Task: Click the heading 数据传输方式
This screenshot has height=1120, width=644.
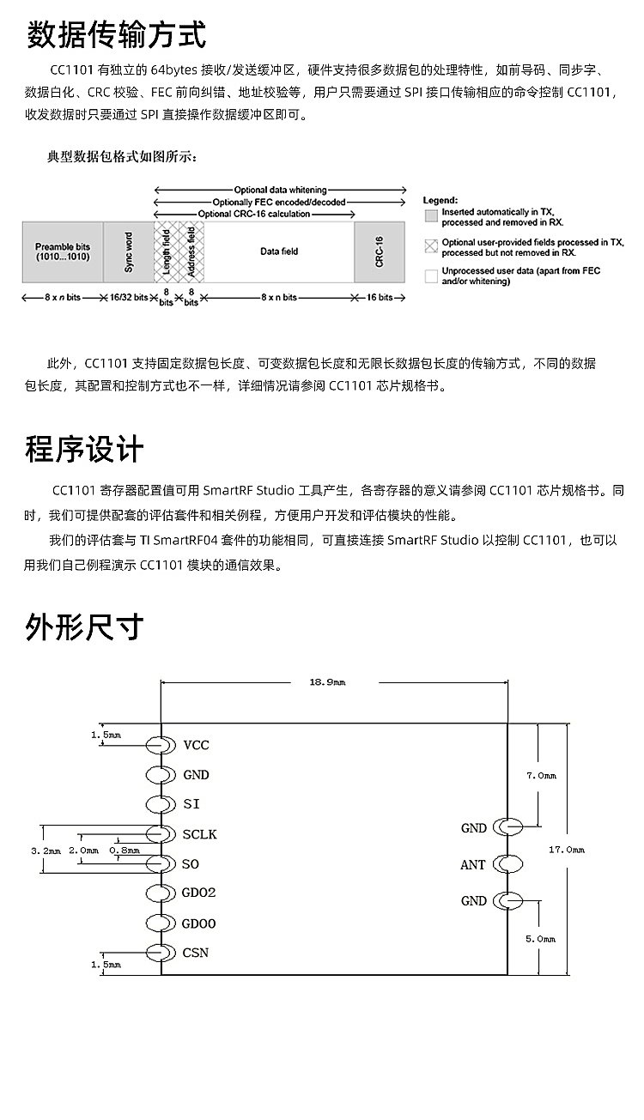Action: click(x=116, y=36)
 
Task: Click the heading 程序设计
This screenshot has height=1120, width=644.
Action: click(x=84, y=449)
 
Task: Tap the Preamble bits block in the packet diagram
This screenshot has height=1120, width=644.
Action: click(x=62, y=252)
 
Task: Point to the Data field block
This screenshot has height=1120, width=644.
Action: click(x=279, y=252)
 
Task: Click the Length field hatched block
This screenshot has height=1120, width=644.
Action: click(x=166, y=252)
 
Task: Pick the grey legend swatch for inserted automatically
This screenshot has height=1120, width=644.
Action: click(x=431, y=215)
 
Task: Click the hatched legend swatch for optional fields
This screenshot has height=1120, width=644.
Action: click(x=431, y=246)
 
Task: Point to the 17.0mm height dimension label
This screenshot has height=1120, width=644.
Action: click(x=566, y=850)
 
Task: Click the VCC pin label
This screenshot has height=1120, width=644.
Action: click(x=196, y=745)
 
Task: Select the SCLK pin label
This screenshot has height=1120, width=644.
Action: click(x=199, y=833)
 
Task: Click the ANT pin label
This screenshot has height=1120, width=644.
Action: click(x=473, y=865)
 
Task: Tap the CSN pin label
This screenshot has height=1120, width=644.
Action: click(x=196, y=953)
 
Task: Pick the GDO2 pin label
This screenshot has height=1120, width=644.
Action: click(x=199, y=893)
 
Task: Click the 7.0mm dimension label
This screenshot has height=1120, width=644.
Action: click(x=541, y=776)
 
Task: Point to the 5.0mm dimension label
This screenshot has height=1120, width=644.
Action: click(x=541, y=939)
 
